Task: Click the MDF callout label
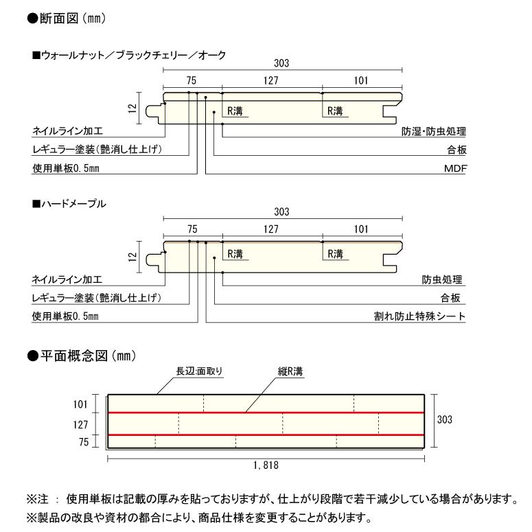[x=454, y=168]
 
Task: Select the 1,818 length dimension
[x=266, y=465]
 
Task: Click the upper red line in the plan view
[x=266, y=413]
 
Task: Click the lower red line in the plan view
[x=266, y=435]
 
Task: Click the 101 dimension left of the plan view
[x=80, y=404]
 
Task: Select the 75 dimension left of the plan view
[x=84, y=443]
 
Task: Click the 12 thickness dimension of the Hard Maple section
[x=132, y=257]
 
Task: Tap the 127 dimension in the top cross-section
[x=270, y=80]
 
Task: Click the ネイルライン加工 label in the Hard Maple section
[x=67, y=280]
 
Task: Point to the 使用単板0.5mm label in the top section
[x=66, y=168]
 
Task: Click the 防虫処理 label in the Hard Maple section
[x=443, y=280]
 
